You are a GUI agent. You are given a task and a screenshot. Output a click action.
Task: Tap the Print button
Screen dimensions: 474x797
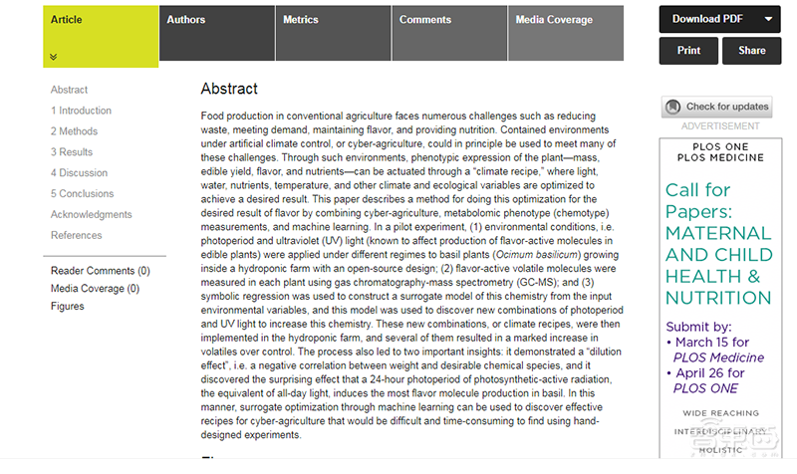pos(688,50)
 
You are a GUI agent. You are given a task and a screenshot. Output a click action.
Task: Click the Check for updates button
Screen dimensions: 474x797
pos(717,107)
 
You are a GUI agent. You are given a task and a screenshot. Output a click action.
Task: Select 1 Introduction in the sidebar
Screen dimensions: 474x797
pos(82,111)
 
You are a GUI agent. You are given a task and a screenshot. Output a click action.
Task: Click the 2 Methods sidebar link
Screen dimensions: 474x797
pos(75,131)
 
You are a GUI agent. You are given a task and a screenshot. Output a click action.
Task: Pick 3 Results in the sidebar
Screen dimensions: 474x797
pos(73,152)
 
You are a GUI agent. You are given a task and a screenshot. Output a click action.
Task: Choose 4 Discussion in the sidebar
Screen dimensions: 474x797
pos(80,173)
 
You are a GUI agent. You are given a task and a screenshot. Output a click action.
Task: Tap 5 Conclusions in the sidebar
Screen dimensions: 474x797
pos(83,194)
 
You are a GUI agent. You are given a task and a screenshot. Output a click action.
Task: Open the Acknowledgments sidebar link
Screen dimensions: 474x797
pos(92,215)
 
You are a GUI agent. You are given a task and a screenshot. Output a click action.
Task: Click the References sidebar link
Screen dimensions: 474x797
pos(77,236)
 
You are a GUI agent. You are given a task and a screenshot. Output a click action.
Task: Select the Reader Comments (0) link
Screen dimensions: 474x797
pos(101,271)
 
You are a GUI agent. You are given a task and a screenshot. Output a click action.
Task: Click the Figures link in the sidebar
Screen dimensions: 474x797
pos(68,307)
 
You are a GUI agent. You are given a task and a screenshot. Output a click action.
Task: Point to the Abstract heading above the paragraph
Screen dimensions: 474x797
pos(229,89)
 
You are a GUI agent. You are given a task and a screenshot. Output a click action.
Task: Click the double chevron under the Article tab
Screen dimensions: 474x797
pos(54,57)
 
